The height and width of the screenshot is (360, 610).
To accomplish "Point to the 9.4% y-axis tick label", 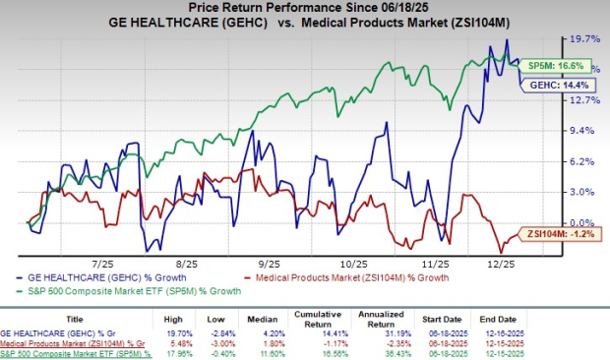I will (580, 131).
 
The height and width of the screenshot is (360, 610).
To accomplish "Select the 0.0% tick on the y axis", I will (580, 223).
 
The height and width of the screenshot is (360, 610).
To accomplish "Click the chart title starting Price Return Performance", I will (304, 11).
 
